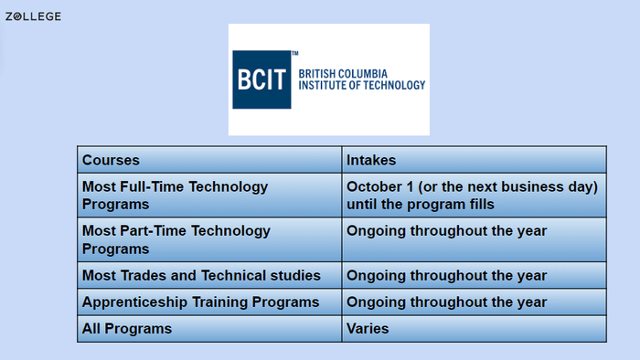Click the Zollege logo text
click(33, 16)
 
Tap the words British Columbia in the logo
click(344, 72)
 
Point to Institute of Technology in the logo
click(362, 86)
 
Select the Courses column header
click(111, 160)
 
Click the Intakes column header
click(371, 160)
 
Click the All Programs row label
click(127, 328)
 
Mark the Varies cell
click(368, 328)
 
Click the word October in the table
click(375, 186)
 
